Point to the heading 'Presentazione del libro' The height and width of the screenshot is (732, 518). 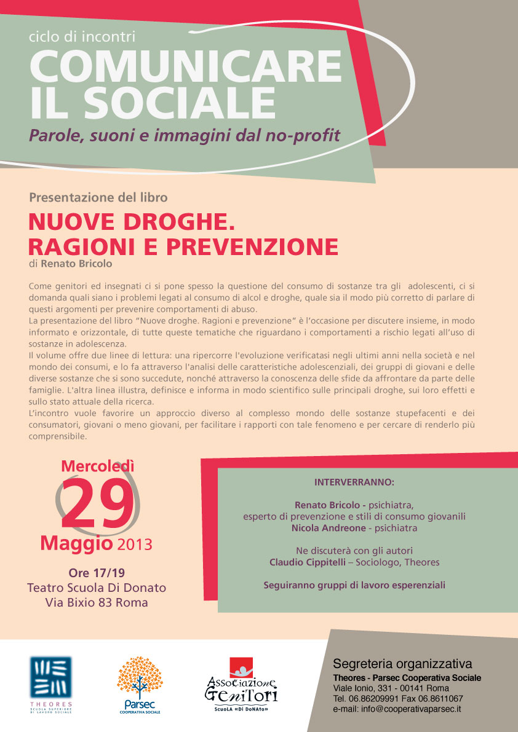(98, 198)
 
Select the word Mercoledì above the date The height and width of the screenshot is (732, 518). (97, 466)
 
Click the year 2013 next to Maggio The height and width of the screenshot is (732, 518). (134, 545)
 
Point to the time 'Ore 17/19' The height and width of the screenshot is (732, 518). (97, 573)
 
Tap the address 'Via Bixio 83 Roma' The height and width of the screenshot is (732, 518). (97, 602)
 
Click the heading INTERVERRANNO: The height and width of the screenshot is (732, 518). (354, 481)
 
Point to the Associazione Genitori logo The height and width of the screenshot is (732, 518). (241, 686)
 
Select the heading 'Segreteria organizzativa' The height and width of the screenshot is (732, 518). (402, 664)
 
